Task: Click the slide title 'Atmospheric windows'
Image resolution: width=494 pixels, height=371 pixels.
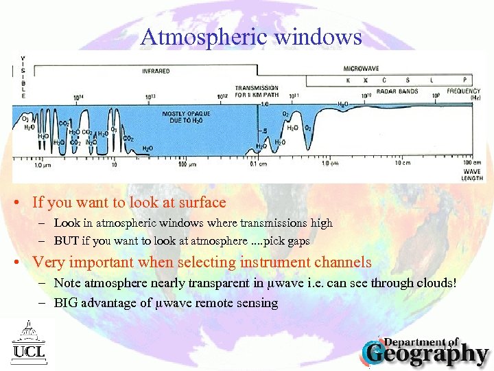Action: pos(251,36)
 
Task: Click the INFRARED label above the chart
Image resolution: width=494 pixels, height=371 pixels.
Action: pos(156,71)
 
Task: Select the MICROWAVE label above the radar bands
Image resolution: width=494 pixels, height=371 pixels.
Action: pos(361,69)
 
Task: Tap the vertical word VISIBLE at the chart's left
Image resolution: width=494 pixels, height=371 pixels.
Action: pos(23,77)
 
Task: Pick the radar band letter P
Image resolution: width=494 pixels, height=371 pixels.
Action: pos(464,80)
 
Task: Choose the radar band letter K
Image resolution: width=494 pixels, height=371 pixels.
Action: pos(348,80)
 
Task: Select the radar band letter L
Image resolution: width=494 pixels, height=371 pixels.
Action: pos(432,80)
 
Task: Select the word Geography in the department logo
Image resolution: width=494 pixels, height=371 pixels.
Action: pos(427,355)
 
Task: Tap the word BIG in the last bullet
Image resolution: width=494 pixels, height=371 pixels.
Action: pos(67,303)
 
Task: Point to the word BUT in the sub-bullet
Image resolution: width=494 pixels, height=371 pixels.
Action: pos(66,241)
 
